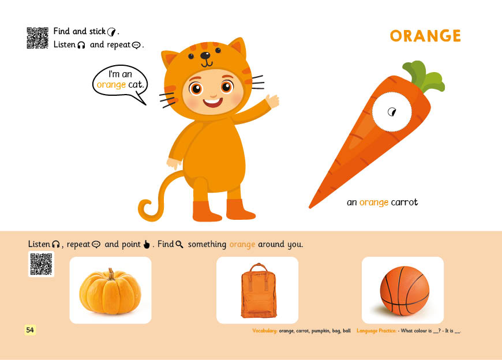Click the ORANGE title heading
click(425, 36)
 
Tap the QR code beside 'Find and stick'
click(38, 37)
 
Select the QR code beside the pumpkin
click(42, 264)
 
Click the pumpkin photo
click(110, 291)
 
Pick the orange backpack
click(258, 291)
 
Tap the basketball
click(404, 291)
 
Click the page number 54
click(30, 330)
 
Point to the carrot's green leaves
click(424, 76)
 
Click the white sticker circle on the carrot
click(392, 112)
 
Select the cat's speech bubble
click(121, 81)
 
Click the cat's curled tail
click(158, 199)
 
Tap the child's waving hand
click(272, 100)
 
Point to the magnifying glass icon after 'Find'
click(179, 245)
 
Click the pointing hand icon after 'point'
click(147, 245)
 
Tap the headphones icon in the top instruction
click(81, 45)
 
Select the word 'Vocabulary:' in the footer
click(265, 331)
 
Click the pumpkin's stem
click(111, 274)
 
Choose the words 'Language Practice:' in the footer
click(376, 331)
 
